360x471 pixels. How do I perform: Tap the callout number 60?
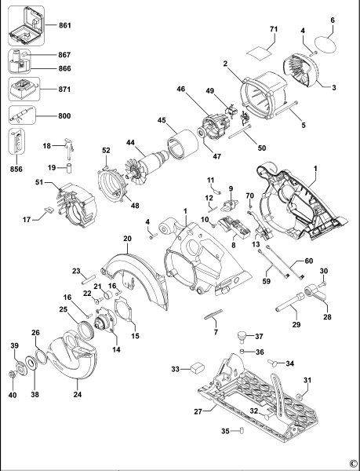tap(308, 261)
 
